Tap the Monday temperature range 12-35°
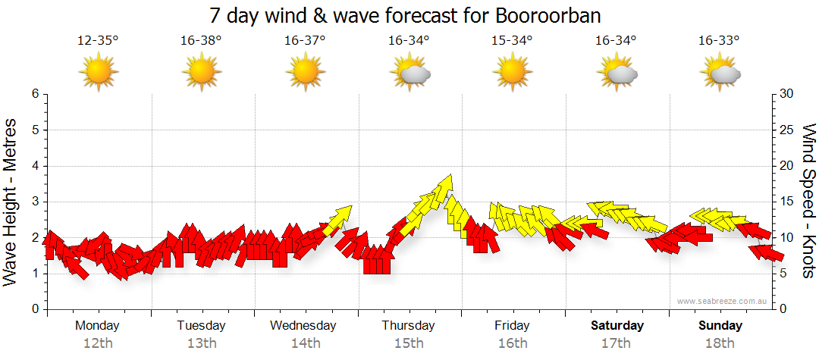(x=98, y=41)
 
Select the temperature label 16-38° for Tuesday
(x=201, y=41)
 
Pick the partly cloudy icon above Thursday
(x=409, y=73)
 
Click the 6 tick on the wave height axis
(x=34, y=94)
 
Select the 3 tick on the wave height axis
(x=34, y=202)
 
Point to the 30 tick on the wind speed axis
(x=786, y=94)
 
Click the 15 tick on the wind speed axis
(x=786, y=202)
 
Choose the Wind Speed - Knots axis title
(x=808, y=201)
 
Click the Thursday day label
(x=408, y=326)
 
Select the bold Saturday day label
(x=617, y=326)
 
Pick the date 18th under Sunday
(x=720, y=343)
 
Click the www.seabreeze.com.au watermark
(x=723, y=301)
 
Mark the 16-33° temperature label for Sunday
(x=719, y=41)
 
